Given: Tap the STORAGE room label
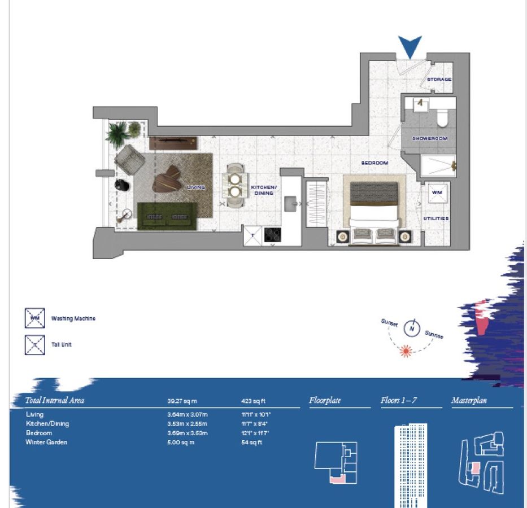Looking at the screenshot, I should [439, 80].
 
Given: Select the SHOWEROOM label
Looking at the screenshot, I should [429, 138].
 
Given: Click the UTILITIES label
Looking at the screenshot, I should [436, 218].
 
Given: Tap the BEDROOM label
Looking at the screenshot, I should [374, 163].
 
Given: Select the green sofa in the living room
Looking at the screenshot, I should [167, 216].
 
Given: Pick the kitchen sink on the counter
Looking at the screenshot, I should [292, 201].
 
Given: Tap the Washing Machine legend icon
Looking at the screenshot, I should [34, 318].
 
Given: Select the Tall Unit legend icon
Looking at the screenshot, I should [34, 344].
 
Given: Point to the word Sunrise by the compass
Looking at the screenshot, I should [434, 334].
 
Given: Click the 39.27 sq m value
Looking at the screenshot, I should [182, 401].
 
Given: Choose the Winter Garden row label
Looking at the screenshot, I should [46, 442].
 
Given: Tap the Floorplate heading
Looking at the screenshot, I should [325, 401].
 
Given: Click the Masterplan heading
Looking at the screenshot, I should [469, 401].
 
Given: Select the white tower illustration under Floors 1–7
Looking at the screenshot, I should [410, 466].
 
